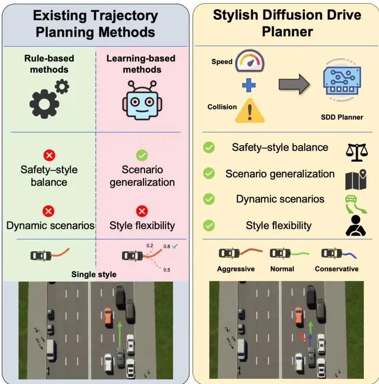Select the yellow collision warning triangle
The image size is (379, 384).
pyautogui.click(x=250, y=110)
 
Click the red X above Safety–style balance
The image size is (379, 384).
pyautogui.click(x=50, y=155)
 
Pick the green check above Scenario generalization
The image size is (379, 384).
pyautogui.click(x=141, y=155)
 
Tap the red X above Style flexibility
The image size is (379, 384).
pyautogui.click(x=141, y=211)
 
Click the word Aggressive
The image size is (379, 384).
pyautogui.click(x=236, y=269)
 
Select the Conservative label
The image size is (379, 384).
pyautogui.click(x=336, y=269)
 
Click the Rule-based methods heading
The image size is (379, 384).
pyautogui.click(x=49, y=64)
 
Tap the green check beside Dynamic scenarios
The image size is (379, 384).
pyautogui.click(x=209, y=199)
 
